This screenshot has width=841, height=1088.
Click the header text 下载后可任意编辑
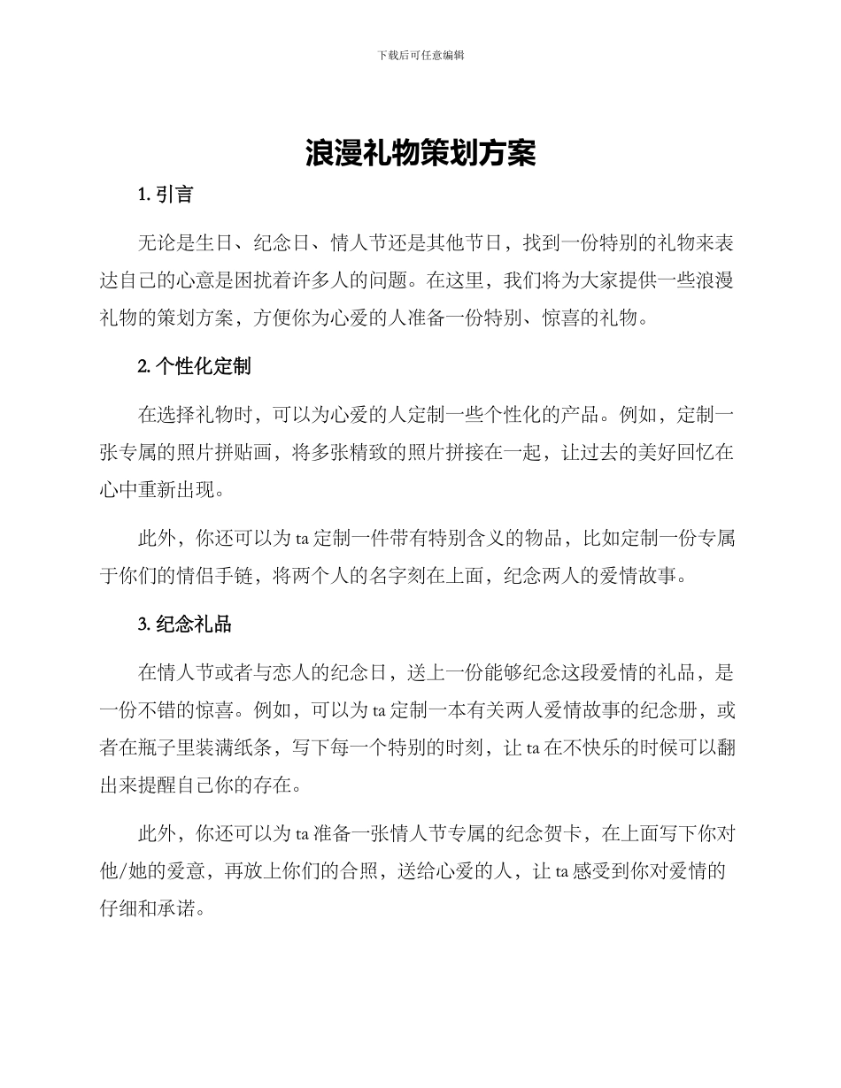(x=420, y=55)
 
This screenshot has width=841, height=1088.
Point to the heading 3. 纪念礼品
(x=185, y=624)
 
